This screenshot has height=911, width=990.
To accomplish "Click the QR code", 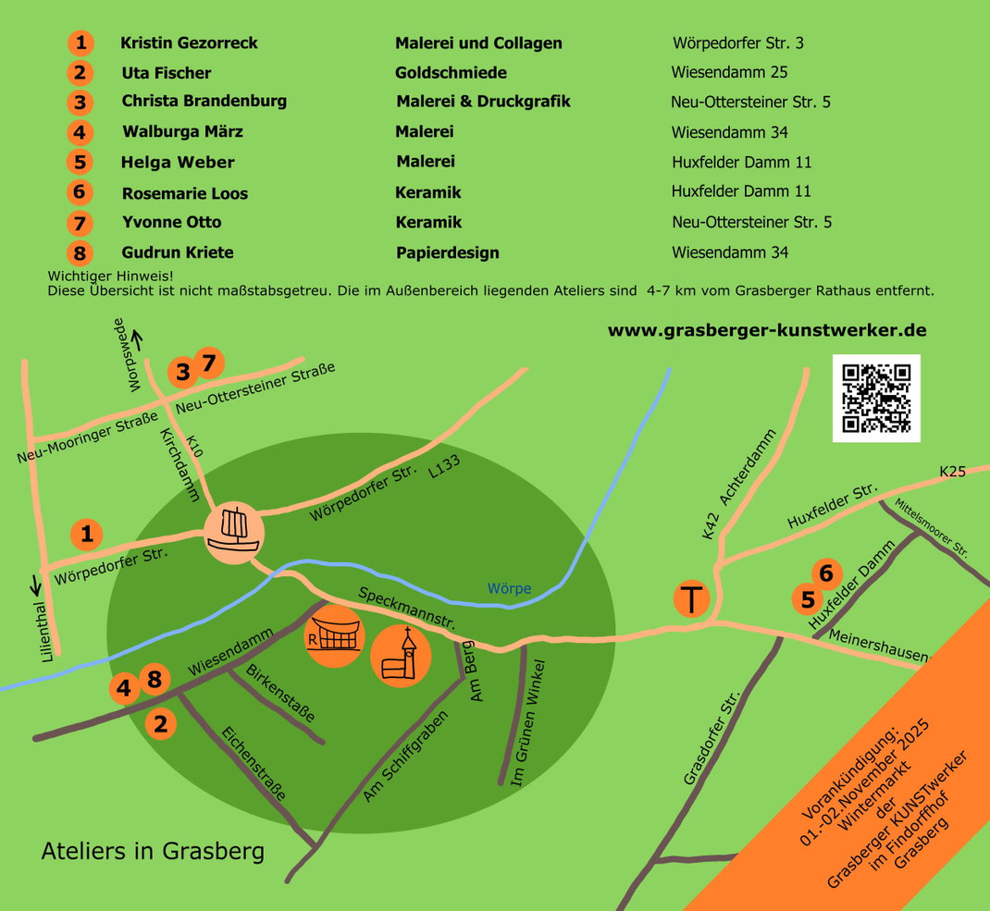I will tap(876, 399).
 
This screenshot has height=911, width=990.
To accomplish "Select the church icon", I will tap(401, 656).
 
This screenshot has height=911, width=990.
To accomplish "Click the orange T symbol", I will tap(691, 597).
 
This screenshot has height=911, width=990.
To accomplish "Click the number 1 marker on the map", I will tap(87, 534).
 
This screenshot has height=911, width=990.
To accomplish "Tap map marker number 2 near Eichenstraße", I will tap(161, 723).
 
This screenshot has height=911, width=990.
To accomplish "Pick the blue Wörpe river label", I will tap(509, 588).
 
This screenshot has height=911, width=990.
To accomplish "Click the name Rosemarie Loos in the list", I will tap(184, 193).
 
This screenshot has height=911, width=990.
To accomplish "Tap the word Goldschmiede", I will tap(451, 72).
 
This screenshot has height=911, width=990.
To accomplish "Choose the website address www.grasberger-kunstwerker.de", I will tap(766, 330).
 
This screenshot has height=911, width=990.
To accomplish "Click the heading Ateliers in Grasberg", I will tap(153, 851).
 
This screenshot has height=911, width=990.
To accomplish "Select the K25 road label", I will tap(952, 472).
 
